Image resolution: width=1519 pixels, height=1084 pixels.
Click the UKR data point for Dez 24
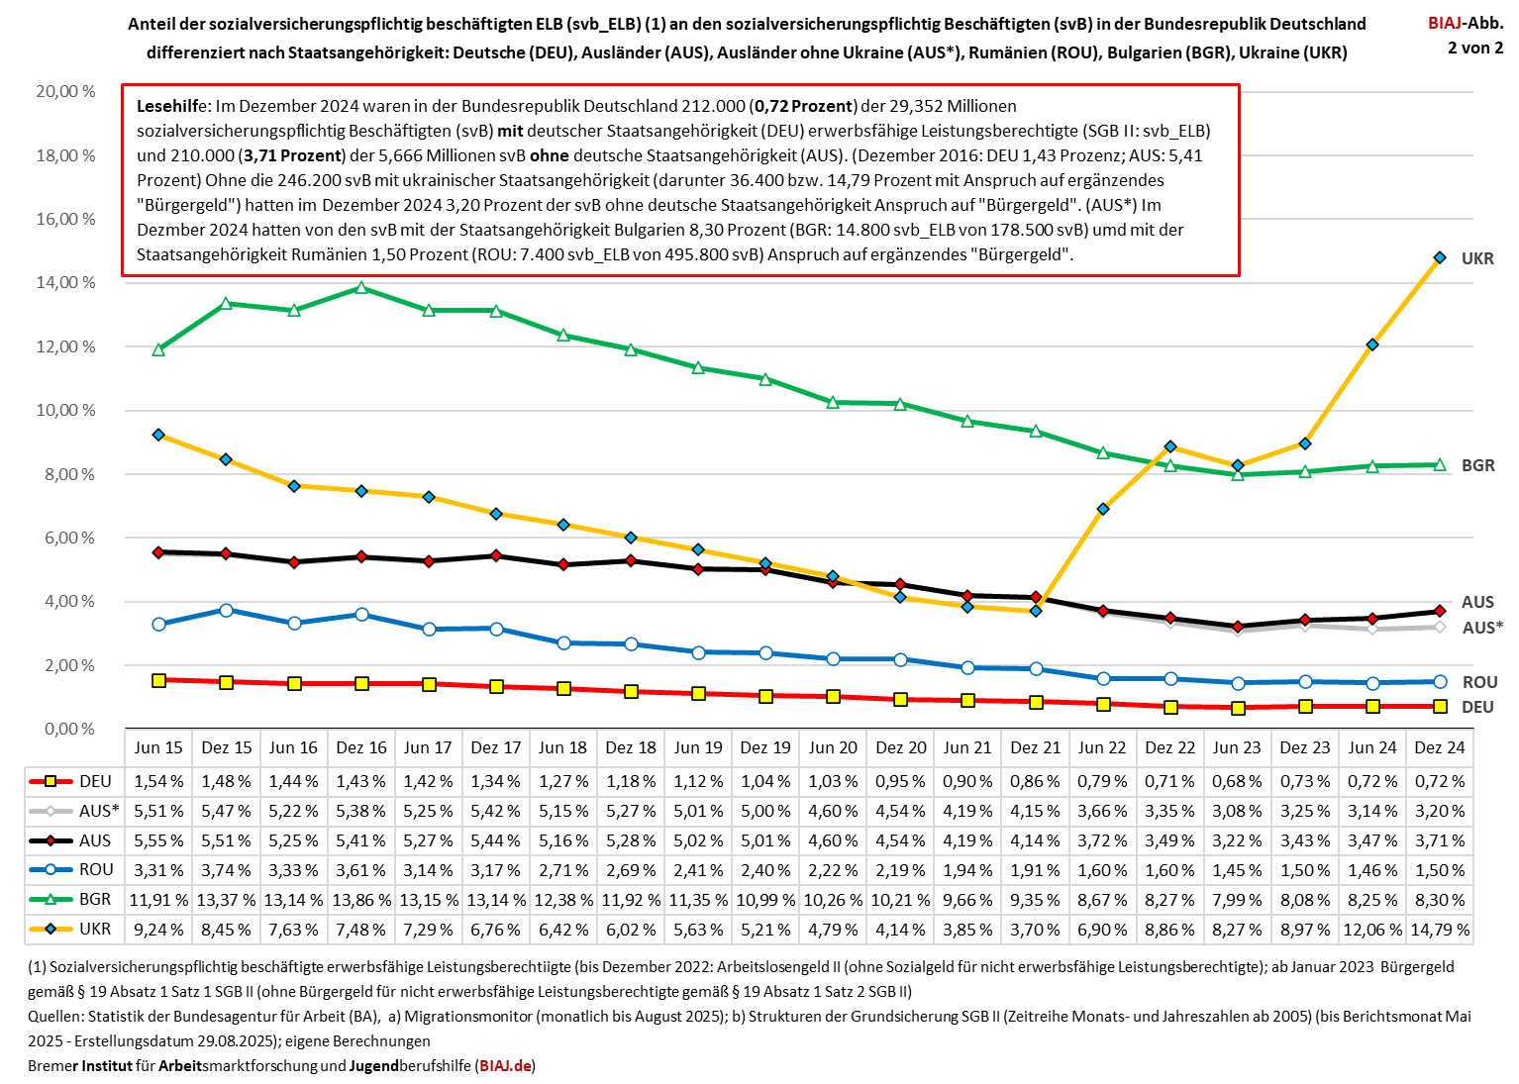tap(1440, 257)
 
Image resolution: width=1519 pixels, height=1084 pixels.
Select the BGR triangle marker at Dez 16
tap(361, 288)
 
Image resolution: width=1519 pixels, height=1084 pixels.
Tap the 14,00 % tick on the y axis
tap(66, 282)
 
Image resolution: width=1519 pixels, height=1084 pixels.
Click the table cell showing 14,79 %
tap(1440, 930)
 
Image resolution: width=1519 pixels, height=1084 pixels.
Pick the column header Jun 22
tap(1102, 747)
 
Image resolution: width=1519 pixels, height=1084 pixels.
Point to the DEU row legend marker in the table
tap(51, 781)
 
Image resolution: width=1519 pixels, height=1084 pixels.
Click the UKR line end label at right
tap(1477, 258)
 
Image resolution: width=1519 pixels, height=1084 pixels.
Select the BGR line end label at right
tap(1477, 465)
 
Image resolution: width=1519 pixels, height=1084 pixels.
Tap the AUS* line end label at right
tap(1482, 628)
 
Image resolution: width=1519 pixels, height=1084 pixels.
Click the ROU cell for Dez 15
tap(227, 870)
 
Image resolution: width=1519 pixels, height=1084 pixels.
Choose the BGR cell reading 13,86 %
tap(361, 900)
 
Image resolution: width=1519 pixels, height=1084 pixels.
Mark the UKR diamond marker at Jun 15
tap(159, 435)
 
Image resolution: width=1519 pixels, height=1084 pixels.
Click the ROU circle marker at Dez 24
tap(1440, 681)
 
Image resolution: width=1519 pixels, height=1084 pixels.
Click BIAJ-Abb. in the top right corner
tap(1465, 23)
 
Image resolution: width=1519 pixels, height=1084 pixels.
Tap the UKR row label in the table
tap(95, 930)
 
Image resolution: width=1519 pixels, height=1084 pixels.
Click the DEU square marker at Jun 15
tap(159, 680)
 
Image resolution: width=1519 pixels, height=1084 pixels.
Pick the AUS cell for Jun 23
tap(1237, 840)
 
